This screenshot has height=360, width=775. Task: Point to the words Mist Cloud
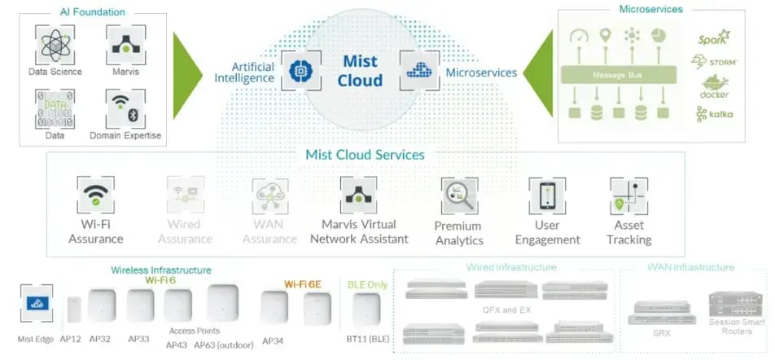click(x=360, y=71)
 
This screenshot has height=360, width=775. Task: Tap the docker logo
click(x=714, y=87)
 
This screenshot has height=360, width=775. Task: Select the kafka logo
click(x=714, y=114)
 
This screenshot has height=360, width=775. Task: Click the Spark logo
click(x=713, y=38)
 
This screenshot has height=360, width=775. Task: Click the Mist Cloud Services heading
click(x=365, y=155)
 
